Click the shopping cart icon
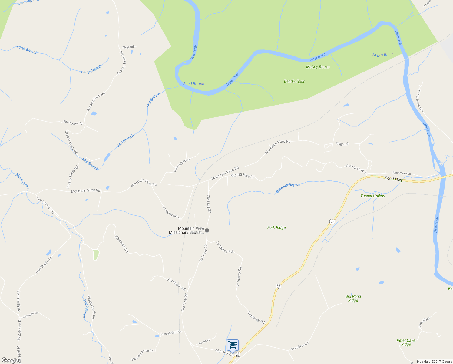click(x=233, y=345)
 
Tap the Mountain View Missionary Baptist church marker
click(x=207, y=231)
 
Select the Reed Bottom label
click(x=194, y=84)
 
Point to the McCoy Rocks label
click(x=318, y=67)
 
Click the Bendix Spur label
click(x=294, y=81)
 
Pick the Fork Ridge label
click(x=276, y=227)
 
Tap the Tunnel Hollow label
click(x=372, y=196)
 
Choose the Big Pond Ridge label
click(x=353, y=298)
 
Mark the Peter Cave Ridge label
click(x=406, y=342)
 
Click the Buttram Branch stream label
click(x=288, y=188)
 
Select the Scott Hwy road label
click(x=394, y=179)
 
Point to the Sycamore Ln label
click(x=402, y=174)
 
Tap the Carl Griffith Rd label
click(x=181, y=165)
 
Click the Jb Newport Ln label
click(x=172, y=213)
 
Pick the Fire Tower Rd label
click(x=73, y=123)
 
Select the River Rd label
click(x=128, y=47)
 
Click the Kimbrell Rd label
click(x=30, y=315)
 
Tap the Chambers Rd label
click(x=299, y=346)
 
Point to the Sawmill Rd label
click(x=424, y=323)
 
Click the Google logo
click(x=10, y=360)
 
